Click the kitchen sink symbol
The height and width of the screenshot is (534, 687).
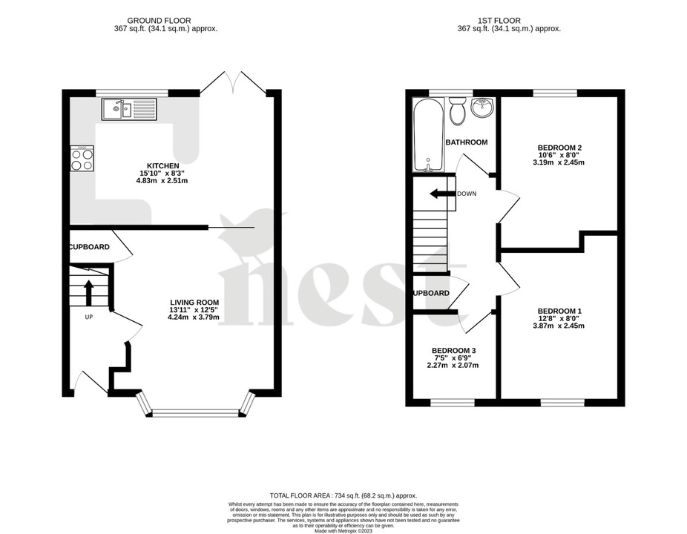(x=130, y=110)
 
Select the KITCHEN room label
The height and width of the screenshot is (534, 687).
(x=162, y=165)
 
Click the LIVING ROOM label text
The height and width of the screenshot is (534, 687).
(x=194, y=302)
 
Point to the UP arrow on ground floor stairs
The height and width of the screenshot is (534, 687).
(x=88, y=292)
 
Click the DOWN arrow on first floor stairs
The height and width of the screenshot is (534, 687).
(x=443, y=194)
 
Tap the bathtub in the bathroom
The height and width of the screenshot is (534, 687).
(x=427, y=134)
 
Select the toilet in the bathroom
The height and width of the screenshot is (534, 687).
(x=457, y=113)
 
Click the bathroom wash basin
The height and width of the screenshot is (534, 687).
(x=482, y=108)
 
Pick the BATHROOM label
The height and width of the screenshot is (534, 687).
(x=466, y=142)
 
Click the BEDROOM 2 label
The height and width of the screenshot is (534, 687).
(x=558, y=147)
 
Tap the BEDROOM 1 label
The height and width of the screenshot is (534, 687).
(x=559, y=310)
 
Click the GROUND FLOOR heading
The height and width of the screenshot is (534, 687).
(x=160, y=20)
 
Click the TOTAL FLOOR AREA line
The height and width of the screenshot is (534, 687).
(x=343, y=495)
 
